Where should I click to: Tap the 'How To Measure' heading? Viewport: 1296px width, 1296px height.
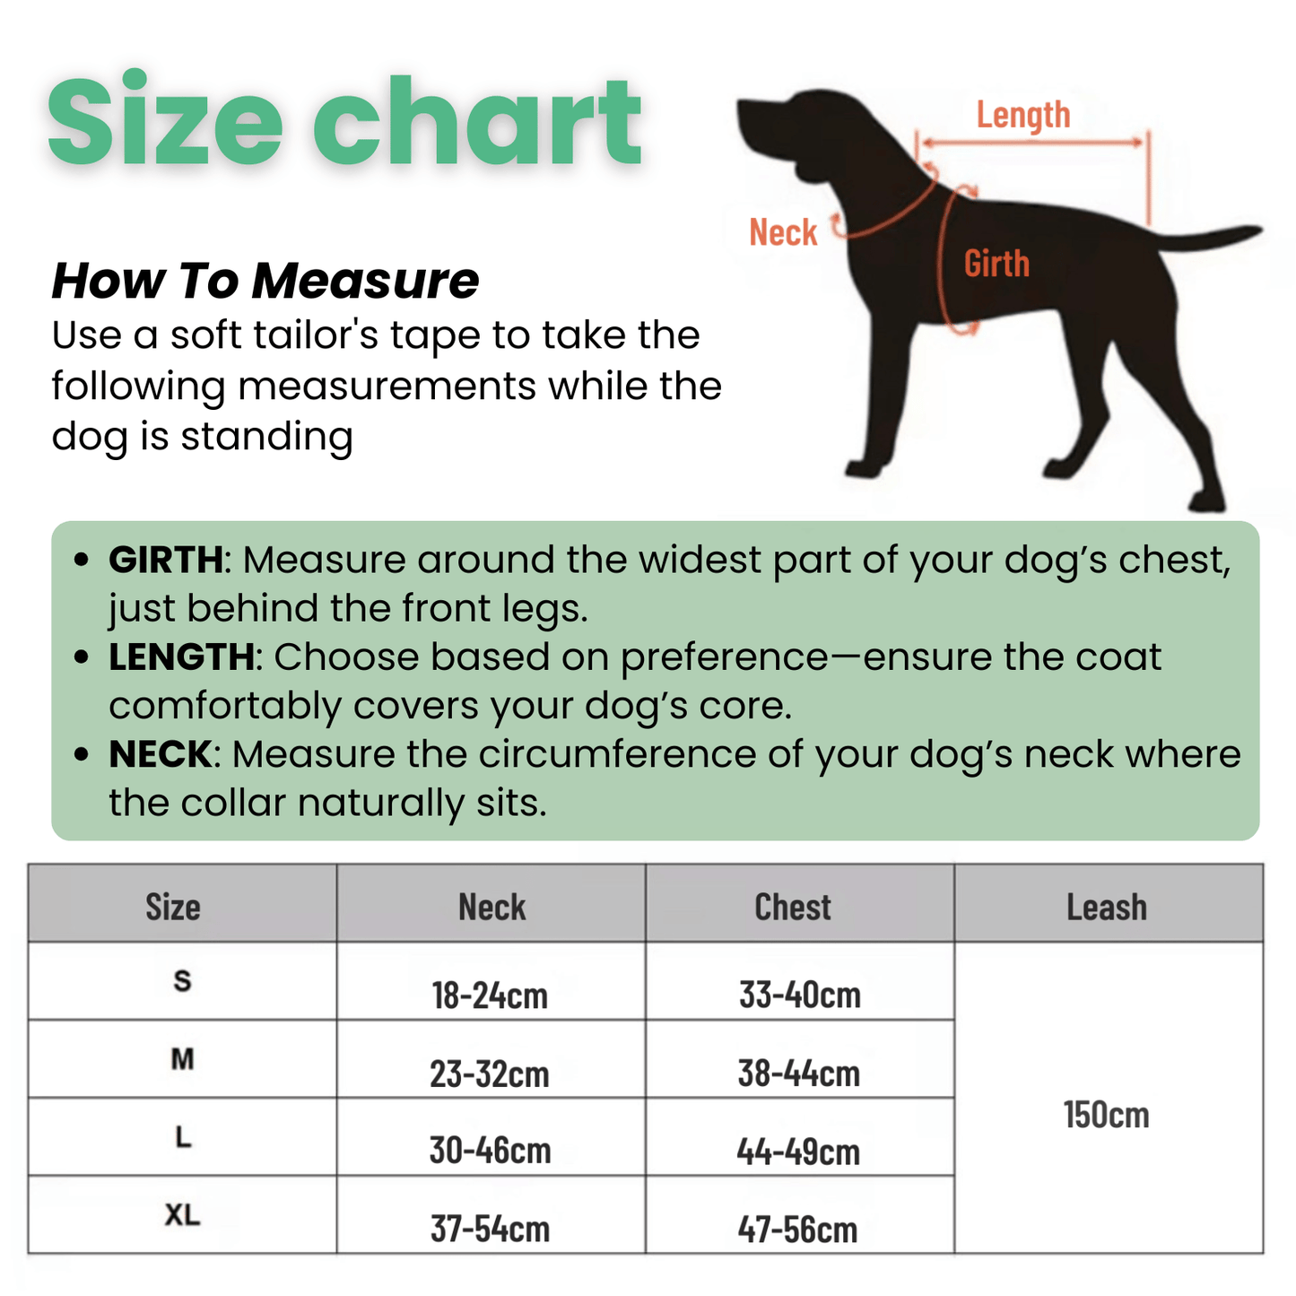[265, 281]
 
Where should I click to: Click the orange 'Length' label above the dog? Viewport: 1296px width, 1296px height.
[1023, 116]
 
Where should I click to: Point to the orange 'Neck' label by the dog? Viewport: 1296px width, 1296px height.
[783, 233]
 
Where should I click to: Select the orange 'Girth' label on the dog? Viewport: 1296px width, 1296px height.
[996, 264]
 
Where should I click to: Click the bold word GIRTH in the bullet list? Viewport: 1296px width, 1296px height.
[165, 560]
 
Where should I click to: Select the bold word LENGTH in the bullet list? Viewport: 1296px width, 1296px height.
[181, 657]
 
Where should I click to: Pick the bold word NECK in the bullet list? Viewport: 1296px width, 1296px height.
[161, 754]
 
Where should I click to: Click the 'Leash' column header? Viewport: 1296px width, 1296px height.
[1107, 907]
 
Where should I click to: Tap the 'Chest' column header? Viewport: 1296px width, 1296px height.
[793, 907]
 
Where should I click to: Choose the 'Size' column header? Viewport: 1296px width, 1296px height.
[173, 907]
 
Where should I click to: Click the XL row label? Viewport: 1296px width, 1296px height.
[182, 1215]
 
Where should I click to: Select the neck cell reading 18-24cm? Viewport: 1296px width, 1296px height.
[490, 996]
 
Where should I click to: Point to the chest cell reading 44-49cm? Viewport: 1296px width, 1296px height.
[798, 1152]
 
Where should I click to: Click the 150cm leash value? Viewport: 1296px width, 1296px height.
[1106, 1115]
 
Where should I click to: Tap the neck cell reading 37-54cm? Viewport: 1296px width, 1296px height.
[490, 1229]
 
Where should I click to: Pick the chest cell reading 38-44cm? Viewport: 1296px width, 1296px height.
[798, 1074]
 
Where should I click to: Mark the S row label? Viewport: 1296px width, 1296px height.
[182, 980]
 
